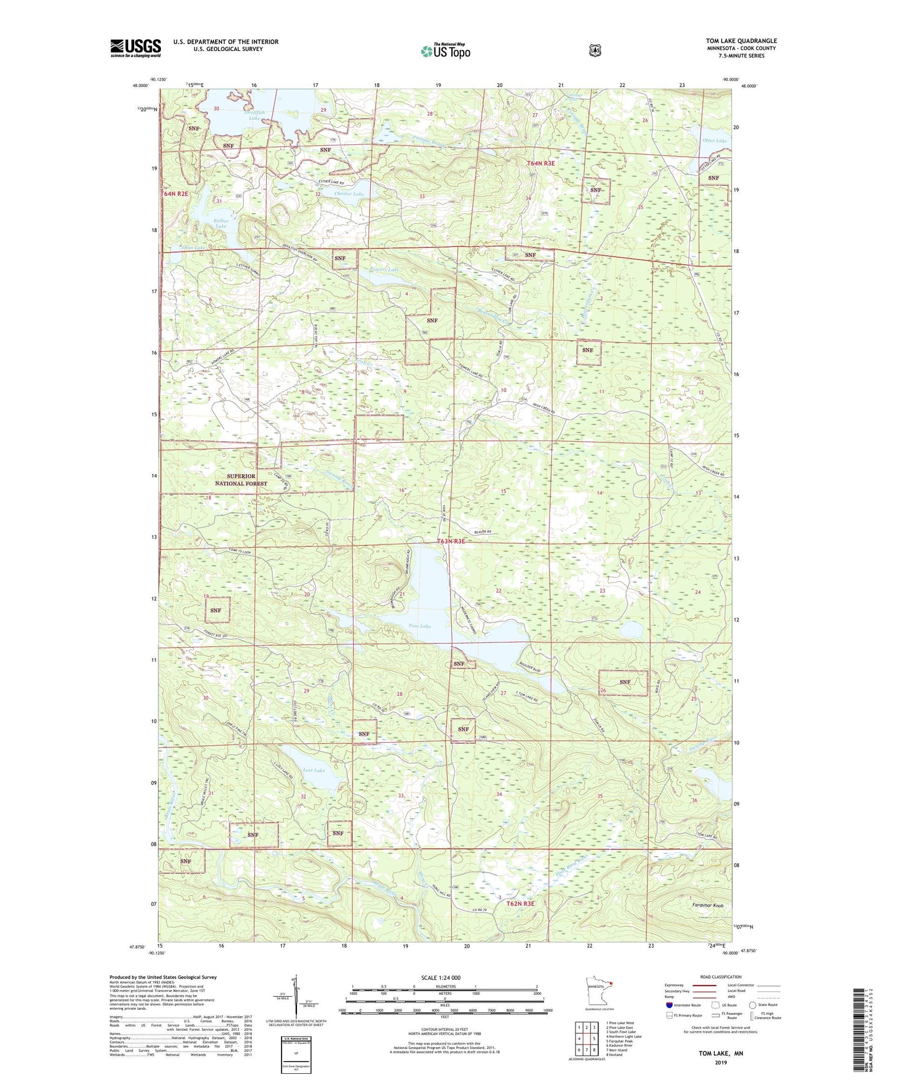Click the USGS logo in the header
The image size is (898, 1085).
point(135,48)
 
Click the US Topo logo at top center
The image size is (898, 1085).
point(445,51)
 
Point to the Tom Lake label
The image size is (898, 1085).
point(419,626)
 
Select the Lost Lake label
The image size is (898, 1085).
point(314,770)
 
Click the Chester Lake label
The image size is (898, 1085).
point(349,194)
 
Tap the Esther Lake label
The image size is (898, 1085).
point(221,223)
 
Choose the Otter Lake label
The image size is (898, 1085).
point(714,141)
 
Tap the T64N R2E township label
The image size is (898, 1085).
point(174,194)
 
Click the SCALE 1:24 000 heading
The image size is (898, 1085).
point(441,977)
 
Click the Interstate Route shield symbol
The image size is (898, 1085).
point(669,1005)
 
